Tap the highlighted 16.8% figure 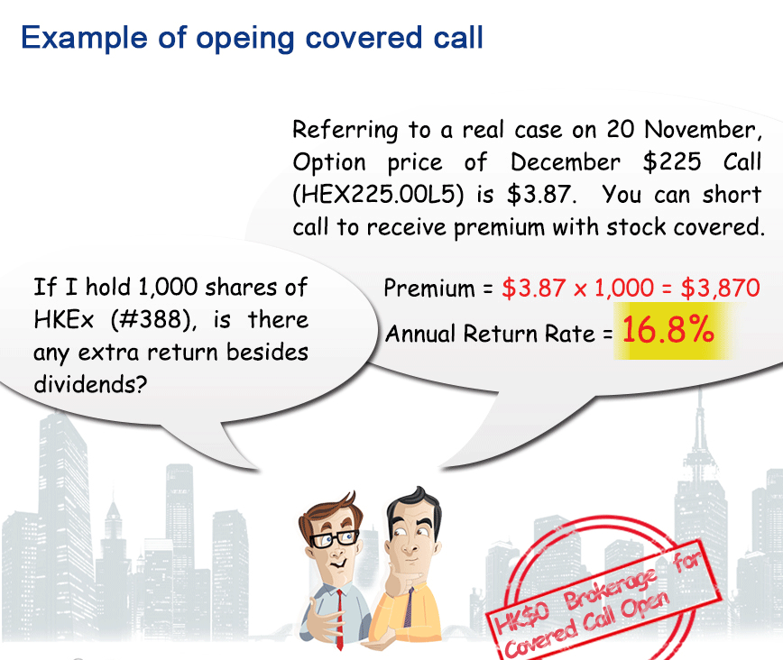pyautogui.click(x=668, y=330)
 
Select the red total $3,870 pyautogui.click(x=720, y=288)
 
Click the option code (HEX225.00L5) pyautogui.click(x=378, y=194)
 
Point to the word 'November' pyautogui.click(x=703, y=129)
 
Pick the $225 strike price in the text pyautogui.click(x=672, y=161)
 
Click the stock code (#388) pyautogui.click(x=153, y=319)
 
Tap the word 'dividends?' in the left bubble pyautogui.click(x=90, y=384)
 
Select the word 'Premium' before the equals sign pyautogui.click(x=429, y=289)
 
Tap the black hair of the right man pyautogui.click(x=414, y=507)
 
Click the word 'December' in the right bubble pyautogui.click(x=566, y=161)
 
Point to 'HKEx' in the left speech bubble pyautogui.click(x=63, y=319)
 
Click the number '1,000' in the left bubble pyautogui.click(x=168, y=287)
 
